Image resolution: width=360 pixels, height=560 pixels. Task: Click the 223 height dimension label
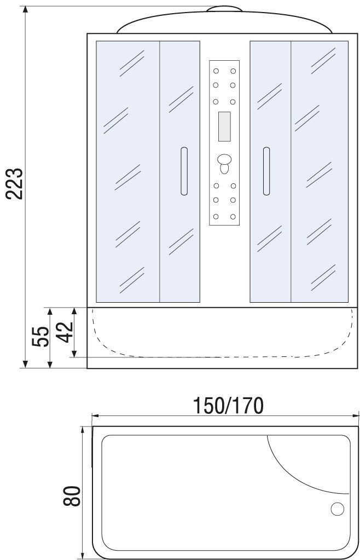[x=15, y=183]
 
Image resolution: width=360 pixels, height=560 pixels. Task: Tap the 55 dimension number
[x=40, y=336]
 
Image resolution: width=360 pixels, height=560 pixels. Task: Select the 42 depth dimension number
[x=65, y=332]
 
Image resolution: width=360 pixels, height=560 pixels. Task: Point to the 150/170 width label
[x=228, y=406]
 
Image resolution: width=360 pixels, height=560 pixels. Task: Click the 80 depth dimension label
[x=72, y=496]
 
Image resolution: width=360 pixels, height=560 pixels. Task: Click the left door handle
[x=184, y=171]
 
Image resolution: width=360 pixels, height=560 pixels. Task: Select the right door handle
[x=266, y=171]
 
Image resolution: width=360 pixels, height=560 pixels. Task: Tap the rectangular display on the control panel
[x=224, y=126]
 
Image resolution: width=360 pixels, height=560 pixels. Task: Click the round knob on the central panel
[x=224, y=160]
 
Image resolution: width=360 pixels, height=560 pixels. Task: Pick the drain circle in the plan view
[x=337, y=509]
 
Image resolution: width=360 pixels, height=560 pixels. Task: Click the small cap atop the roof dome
[x=225, y=9]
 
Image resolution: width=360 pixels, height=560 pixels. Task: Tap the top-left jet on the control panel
[x=216, y=71]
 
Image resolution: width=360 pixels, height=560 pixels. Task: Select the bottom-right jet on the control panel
[x=233, y=216]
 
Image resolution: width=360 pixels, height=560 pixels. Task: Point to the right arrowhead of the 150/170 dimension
[x=356, y=415]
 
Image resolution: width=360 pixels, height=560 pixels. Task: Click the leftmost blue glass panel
[x=127, y=171]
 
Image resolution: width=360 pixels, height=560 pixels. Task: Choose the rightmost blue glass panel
[x=320, y=171]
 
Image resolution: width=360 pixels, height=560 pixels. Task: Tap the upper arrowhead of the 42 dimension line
[x=74, y=311]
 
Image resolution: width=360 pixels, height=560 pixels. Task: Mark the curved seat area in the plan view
[x=307, y=464]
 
